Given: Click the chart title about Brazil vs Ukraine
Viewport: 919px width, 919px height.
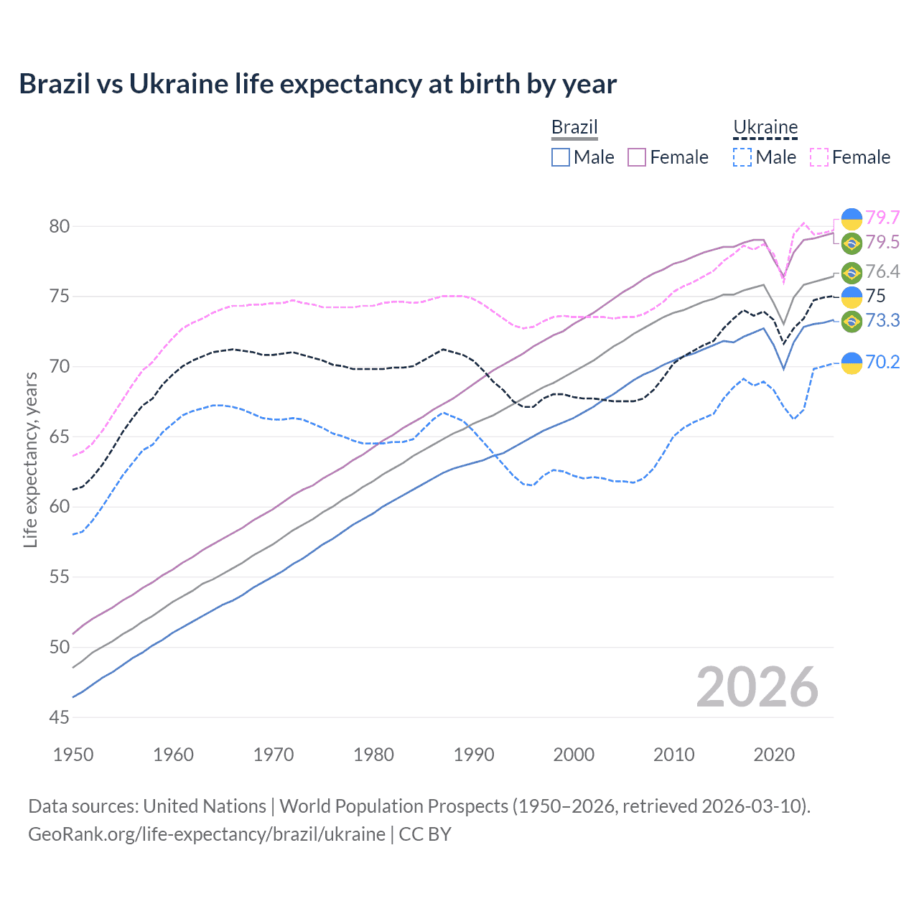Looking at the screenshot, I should [317, 84].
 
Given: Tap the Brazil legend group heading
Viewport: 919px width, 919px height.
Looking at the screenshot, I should [574, 128].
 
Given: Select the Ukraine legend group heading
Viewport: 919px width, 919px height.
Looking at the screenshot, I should [765, 128].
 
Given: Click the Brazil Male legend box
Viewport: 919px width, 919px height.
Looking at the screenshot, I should [561, 157].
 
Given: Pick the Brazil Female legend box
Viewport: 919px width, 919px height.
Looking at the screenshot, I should [637, 157].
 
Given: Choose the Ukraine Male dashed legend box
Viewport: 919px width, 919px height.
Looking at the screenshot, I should [742, 157].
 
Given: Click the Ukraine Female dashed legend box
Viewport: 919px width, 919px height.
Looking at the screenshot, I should [819, 157].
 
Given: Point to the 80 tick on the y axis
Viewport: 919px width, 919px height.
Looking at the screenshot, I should [60, 226].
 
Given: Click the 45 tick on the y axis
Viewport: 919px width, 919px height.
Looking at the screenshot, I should [60, 717].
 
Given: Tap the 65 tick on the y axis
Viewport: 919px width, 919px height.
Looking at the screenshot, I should [60, 437].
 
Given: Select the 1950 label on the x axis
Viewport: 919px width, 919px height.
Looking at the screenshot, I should [73, 755].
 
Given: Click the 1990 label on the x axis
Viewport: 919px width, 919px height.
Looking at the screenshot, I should [474, 755].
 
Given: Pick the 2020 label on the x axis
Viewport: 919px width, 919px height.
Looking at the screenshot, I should [774, 755].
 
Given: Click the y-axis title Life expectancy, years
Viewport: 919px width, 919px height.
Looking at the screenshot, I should [30, 459].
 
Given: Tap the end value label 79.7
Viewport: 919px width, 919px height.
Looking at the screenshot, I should [882, 218].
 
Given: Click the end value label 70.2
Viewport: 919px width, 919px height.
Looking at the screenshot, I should [882, 362].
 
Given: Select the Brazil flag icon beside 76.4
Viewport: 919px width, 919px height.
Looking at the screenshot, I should [852, 273].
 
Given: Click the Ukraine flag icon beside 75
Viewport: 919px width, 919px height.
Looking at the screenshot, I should [852, 297].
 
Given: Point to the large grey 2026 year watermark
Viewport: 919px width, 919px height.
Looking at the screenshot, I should [757, 687].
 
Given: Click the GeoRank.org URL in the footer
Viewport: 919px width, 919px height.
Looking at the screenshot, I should [207, 834].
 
